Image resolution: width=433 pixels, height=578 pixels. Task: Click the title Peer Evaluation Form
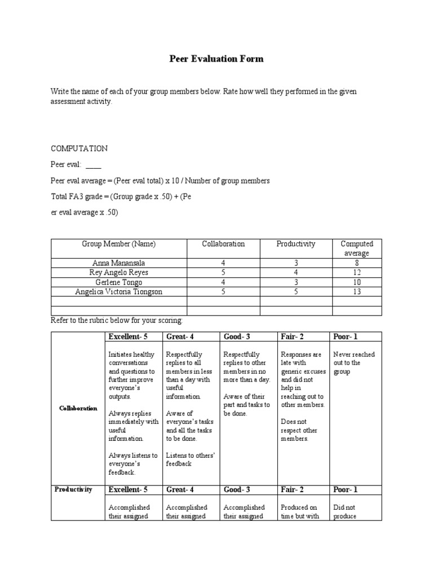pyautogui.click(x=216, y=59)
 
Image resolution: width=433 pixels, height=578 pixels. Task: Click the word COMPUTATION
pyautogui.click(x=79, y=148)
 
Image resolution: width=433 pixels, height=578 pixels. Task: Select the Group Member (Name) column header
pyautogui.click(x=118, y=244)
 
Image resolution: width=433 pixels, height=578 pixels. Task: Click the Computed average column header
pyautogui.click(x=357, y=248)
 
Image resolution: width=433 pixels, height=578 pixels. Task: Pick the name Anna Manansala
pyautogui.click(x=118, y=263)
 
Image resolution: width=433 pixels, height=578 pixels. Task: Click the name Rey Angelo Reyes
pyautogui.click(x=118, y=273)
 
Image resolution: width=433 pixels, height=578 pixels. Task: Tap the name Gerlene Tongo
pyautogui.click(x=118, y=282)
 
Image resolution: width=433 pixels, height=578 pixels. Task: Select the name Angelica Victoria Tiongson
pyautogui.click(x=118, y=292)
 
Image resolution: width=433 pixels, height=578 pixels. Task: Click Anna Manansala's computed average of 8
pyautogui.click(x=357, y=263)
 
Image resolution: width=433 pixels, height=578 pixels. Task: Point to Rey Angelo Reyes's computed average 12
pyautogui.click(x=357, y=273)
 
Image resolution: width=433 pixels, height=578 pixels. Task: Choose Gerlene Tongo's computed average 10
pyautogui.click(x=357, y=282)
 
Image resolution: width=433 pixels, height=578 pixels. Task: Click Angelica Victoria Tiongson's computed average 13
pyautogui.click(x=357, y=292)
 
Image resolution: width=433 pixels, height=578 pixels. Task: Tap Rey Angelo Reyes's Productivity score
pyautogui.click(x=296, y=273)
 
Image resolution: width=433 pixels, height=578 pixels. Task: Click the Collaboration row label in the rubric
pyautogui.click(x=79, y=408)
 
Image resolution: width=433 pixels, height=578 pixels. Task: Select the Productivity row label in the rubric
pyautogui.click(x=73, y=489)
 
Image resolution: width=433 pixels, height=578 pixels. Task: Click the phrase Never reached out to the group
pyautogui.click(x=354, y=363)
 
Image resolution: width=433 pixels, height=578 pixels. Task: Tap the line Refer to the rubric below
pyautogui.click(x=117, y=321)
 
